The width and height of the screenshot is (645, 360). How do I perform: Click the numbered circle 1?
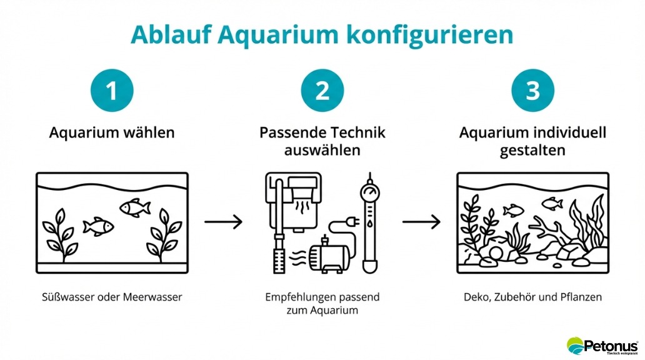click(112, 91)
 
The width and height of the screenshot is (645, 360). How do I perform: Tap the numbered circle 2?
click(322, 91)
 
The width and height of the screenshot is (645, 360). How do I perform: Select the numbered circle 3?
click(532, 91)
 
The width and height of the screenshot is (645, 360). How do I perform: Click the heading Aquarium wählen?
click(112, 133)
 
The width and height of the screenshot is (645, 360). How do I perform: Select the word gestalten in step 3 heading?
click(532, 151)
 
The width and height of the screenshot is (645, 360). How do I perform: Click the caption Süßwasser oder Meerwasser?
click(112, 297)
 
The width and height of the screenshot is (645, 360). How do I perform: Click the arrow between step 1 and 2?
click(223, 221)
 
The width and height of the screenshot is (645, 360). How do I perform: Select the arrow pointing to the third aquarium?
click(421, 221)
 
